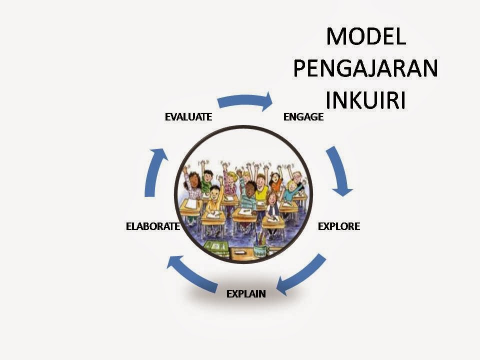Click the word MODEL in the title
coord(366,36)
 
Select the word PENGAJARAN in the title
coord(366,68)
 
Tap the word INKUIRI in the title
coord(365,100)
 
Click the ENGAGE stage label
coord(303,116)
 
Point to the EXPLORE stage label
coord(339,226)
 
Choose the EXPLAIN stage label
coord(246,294)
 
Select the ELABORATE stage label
coord(153,226)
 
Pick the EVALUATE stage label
coord(188,116)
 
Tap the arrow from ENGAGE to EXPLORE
coord(338,171)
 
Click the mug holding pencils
coord(261,247)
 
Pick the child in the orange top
coord(275,181)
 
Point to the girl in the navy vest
coord(272,205)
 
